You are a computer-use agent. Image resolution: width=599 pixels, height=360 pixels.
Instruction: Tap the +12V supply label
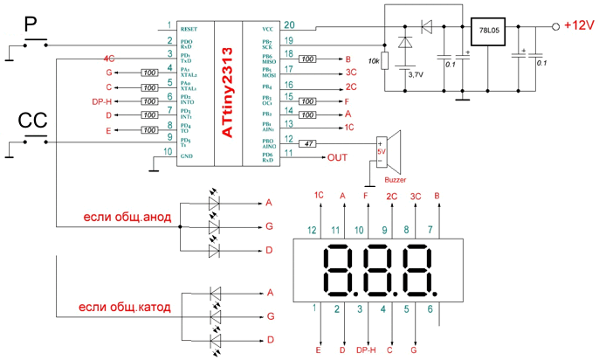click(x=577, y=25)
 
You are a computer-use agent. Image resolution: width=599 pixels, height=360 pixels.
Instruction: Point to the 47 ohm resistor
click(x=307, y=142)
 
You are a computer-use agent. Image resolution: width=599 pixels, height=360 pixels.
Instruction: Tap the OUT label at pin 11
click(x=337, y=158)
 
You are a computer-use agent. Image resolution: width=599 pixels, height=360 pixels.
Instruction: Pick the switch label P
click(x=29, y=27)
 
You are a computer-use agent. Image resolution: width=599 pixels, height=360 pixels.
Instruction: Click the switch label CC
click(x=32, y=121)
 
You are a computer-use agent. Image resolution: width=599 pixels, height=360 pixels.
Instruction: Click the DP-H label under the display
click(x=366, y=350)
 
